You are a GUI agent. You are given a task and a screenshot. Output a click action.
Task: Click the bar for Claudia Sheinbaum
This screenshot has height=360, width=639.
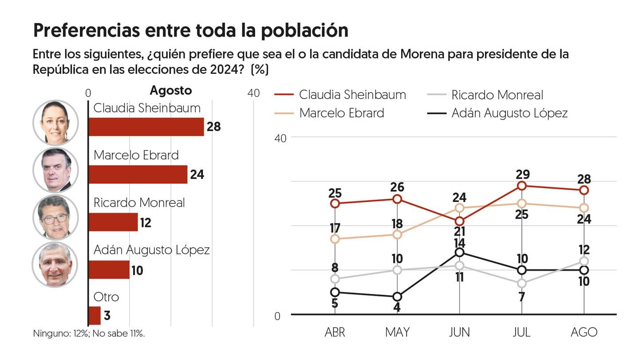[x=146, y=127]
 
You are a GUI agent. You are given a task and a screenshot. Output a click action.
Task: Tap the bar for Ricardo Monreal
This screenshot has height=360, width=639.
[x=113, y=222]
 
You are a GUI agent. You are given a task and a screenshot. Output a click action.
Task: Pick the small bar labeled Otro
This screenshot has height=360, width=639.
[x=95, y=316]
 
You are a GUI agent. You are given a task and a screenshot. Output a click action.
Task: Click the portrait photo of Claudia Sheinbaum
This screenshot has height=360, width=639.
[x=55, y=123]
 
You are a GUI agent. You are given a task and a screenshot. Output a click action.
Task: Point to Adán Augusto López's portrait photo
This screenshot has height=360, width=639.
[x=55, y=265]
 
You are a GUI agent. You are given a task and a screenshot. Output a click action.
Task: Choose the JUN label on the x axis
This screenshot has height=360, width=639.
[x=459, y=332]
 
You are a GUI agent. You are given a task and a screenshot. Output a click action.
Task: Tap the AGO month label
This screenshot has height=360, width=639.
[x=584, y=332]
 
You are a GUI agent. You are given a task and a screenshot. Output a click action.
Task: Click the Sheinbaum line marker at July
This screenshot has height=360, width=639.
[x=522, y=186]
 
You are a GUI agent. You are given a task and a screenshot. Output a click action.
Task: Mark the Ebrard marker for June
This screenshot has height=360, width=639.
[x=460, y=208]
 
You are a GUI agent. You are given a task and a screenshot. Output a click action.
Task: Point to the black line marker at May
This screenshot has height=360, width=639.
[x=397, y=297]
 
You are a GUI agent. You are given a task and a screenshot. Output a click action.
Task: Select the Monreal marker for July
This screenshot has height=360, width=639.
[x=522, y=283]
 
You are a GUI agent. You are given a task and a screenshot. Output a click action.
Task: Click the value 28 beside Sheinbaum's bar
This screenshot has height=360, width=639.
[x=213, y=127]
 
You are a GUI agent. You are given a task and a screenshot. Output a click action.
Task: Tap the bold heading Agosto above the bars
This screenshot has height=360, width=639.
[x=171, y=91]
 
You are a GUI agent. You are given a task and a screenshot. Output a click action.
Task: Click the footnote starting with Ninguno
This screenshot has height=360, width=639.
[x=89, y=333]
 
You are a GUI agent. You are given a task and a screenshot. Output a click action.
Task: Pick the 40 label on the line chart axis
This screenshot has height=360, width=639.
[x=280, y=138]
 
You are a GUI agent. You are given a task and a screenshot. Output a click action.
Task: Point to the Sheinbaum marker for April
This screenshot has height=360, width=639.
[x=335, y=203]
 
